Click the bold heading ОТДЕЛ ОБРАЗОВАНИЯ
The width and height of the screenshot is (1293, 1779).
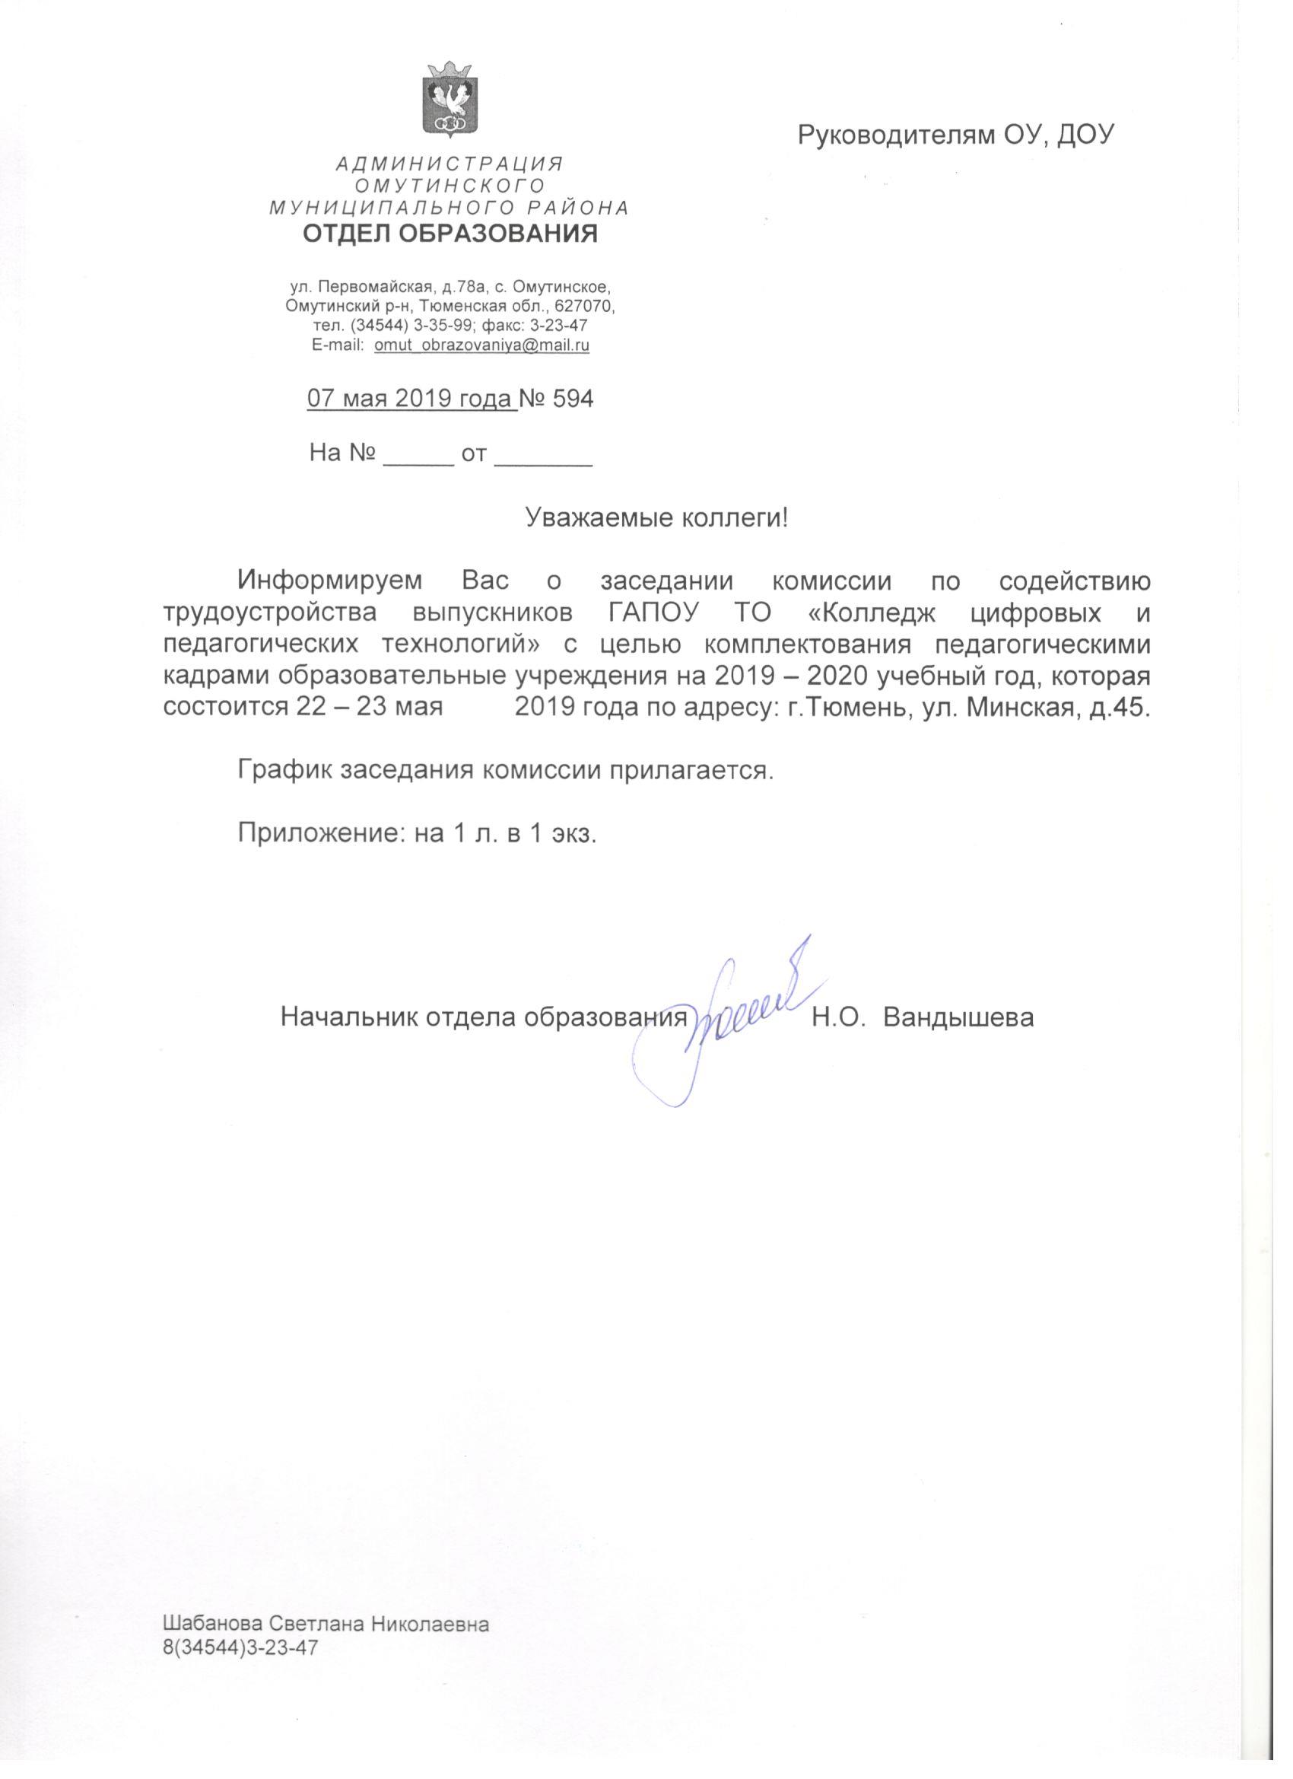point(450,233)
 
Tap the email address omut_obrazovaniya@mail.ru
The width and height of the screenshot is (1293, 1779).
point(481,345)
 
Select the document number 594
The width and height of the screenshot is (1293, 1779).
point(573,399)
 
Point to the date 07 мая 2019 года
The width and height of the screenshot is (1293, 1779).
point(411,399)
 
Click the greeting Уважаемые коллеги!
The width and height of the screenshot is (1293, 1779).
point(656,517)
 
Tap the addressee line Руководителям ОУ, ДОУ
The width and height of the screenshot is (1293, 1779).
point(956,135)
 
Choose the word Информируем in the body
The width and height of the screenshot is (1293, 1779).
point(330,581)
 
